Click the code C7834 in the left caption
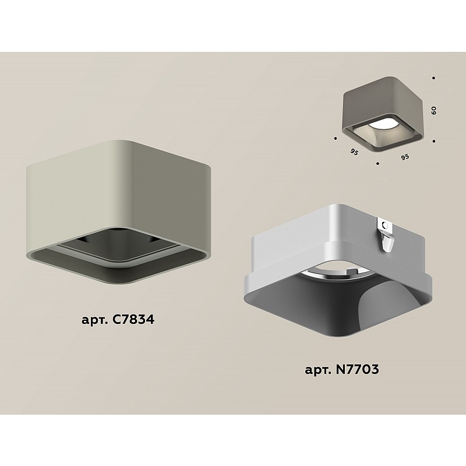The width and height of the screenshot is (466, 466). click(x=133, y=319)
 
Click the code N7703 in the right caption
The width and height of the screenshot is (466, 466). click(x=357, y=369)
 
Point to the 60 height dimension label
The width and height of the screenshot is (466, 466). click(x=433, y=111)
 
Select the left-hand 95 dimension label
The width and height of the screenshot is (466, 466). click(x=354, y=152)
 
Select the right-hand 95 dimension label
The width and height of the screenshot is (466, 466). click(x=405, y=157)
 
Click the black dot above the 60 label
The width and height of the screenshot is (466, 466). click(x=433, y=78)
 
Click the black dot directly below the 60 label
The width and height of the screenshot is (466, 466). click(x=434, y=141)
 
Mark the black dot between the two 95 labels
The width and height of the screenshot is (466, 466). click(x=377, y=163)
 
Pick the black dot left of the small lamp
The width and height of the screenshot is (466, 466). click(x=336, y=138)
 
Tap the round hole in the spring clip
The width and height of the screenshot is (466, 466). click(x=386, y=225)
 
